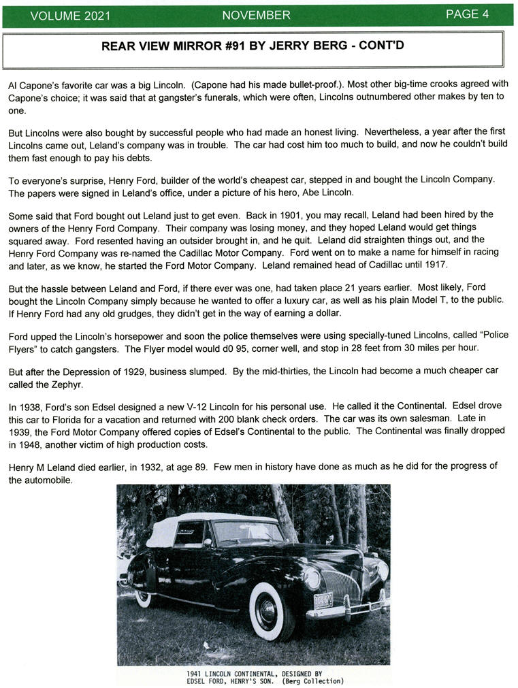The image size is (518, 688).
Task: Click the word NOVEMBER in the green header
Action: click(256, 15)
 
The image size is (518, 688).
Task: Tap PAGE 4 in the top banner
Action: click(467, 14)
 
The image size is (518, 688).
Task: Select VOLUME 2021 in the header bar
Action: click(70, 16)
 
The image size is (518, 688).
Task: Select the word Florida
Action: click(67, 418)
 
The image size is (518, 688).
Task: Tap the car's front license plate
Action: click(323, 600)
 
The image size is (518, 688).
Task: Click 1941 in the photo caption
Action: click(197, 674)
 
